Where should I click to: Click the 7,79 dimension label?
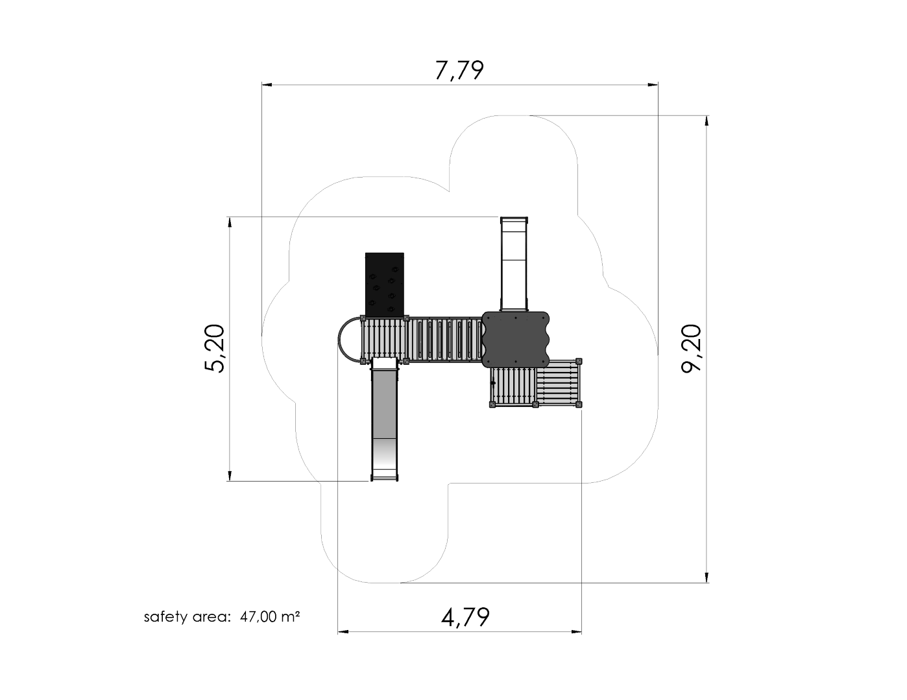[459, 71]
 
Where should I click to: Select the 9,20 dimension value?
[691, 349]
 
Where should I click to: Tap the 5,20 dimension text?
[215, 348]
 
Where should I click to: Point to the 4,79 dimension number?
[465, 618]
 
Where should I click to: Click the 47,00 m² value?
[270, 616]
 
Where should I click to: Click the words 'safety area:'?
[187, 617]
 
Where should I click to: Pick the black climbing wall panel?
[385, 285]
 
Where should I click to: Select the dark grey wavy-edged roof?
[516, 340]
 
